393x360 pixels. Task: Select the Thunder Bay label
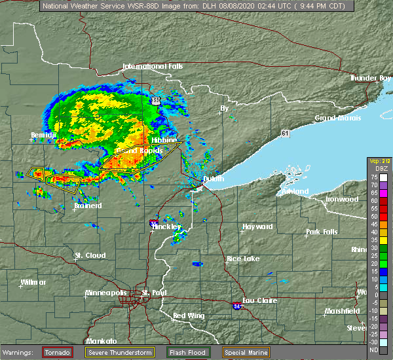[x=370, y=78]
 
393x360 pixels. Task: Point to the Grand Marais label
[x=336, y=118]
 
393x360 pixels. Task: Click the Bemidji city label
[x=44, y=135]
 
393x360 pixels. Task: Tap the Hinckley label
[x=166, y=226]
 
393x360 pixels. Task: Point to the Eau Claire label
[x=259, y=300]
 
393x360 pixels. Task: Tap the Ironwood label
[x=343, y=199]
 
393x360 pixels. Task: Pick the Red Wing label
[x=189, y=316]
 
